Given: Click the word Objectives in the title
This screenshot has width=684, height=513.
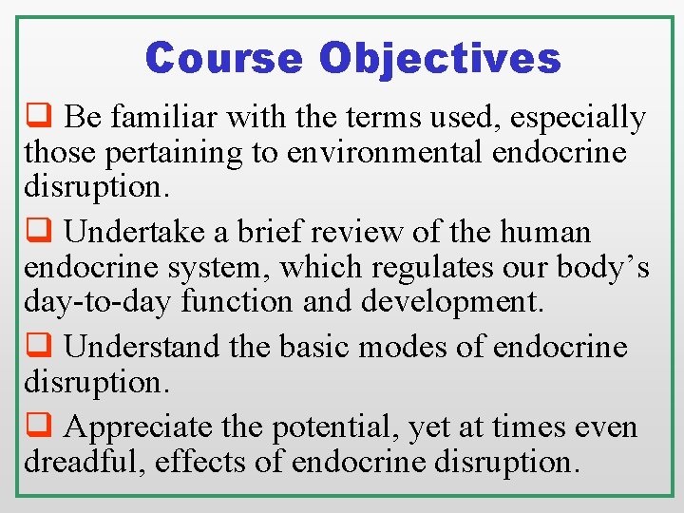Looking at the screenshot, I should point(440,59).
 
